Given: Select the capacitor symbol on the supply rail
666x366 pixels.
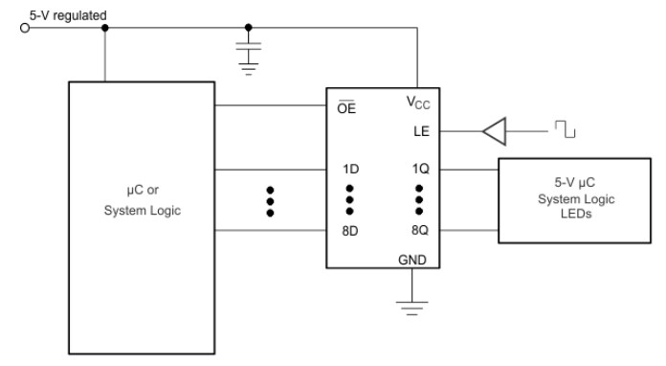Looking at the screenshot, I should coord(249,45).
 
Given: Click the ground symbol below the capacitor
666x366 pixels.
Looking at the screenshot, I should coord(249,65).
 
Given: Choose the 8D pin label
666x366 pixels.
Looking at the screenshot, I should coord(350,232).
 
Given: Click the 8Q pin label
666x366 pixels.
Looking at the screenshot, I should coord(418,232).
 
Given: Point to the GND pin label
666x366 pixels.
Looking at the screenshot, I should coord(413,259).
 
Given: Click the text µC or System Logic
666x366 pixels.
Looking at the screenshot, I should coord(142,202).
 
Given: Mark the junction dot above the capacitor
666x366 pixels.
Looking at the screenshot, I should coord(249,28).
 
